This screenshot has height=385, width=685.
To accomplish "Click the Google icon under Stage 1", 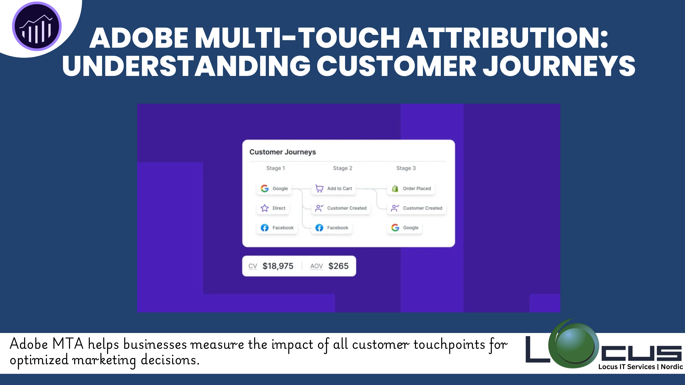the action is (265, 188).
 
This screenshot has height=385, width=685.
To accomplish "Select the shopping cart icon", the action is (319, 188).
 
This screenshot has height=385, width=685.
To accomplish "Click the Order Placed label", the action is (417, 188).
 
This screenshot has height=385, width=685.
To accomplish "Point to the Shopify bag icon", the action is (395, 188).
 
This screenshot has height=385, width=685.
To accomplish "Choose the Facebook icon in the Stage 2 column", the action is (319, 228).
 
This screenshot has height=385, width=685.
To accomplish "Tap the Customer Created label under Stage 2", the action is (347, 208).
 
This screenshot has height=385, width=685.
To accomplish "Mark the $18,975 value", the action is (278, 266).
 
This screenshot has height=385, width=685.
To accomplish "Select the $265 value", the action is (338, 266).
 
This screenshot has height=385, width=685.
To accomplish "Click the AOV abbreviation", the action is (316, 266).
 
